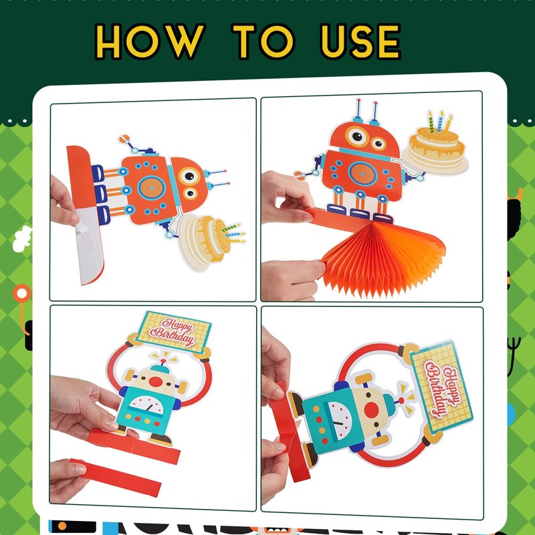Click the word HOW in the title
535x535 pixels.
(x=150, y=41)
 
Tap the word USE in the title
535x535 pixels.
(x=360, y=41)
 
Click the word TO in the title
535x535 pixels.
(x=263, y=41)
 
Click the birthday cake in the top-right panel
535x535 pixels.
(x=436, y=146)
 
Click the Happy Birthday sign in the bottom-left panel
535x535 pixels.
(x=174, y=331)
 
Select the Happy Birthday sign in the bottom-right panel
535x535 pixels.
(x=441, y=387)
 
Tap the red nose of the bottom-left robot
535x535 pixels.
(x=156, y=382)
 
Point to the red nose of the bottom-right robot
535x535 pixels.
(x=371, y=409)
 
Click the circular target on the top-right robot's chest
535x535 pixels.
(x=362, y=173)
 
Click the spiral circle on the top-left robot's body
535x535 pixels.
(x=152, y=188)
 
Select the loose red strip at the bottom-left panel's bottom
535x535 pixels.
(x=116, y=477)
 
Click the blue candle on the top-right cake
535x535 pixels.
(x=440, y=121)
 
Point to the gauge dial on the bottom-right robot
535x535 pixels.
(x=338, y=421)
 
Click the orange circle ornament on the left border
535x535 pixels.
(x=22, y=293)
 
